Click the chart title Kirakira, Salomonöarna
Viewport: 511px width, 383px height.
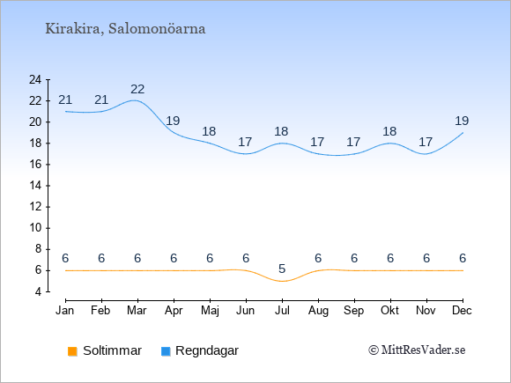[x=125, y=29]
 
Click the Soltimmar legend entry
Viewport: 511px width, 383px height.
[x=105, y=350]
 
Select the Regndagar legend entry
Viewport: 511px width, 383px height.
[x=200, y=350]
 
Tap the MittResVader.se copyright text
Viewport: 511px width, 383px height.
[x=417, y=350]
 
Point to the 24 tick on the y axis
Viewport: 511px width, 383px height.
[x=35, y=79]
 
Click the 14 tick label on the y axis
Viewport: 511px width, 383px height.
[x=35, y=186]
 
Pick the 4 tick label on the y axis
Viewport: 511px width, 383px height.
[x=39, y=291]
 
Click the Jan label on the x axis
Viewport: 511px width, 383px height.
[x=65, y=311]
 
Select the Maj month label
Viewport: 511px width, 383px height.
[x=210, y=311]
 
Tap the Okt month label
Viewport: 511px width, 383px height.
[x=390, y=311]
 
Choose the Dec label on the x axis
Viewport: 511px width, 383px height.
[x=463, y=311]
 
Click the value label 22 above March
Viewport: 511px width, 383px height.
[x=137, y=89]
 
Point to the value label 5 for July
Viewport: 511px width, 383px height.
[x=282, y=269]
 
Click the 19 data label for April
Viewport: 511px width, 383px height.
[x=173, y=122]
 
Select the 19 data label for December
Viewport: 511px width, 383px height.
[x=462, y=122]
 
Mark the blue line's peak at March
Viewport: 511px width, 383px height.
[x=135, y=100]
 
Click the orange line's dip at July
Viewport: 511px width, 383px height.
[x=282, y=281]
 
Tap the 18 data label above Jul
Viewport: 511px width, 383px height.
[x=281, y=131]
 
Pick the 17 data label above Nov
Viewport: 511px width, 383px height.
[x=426, y=143]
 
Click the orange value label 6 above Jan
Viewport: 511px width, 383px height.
[x=65, y=259]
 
